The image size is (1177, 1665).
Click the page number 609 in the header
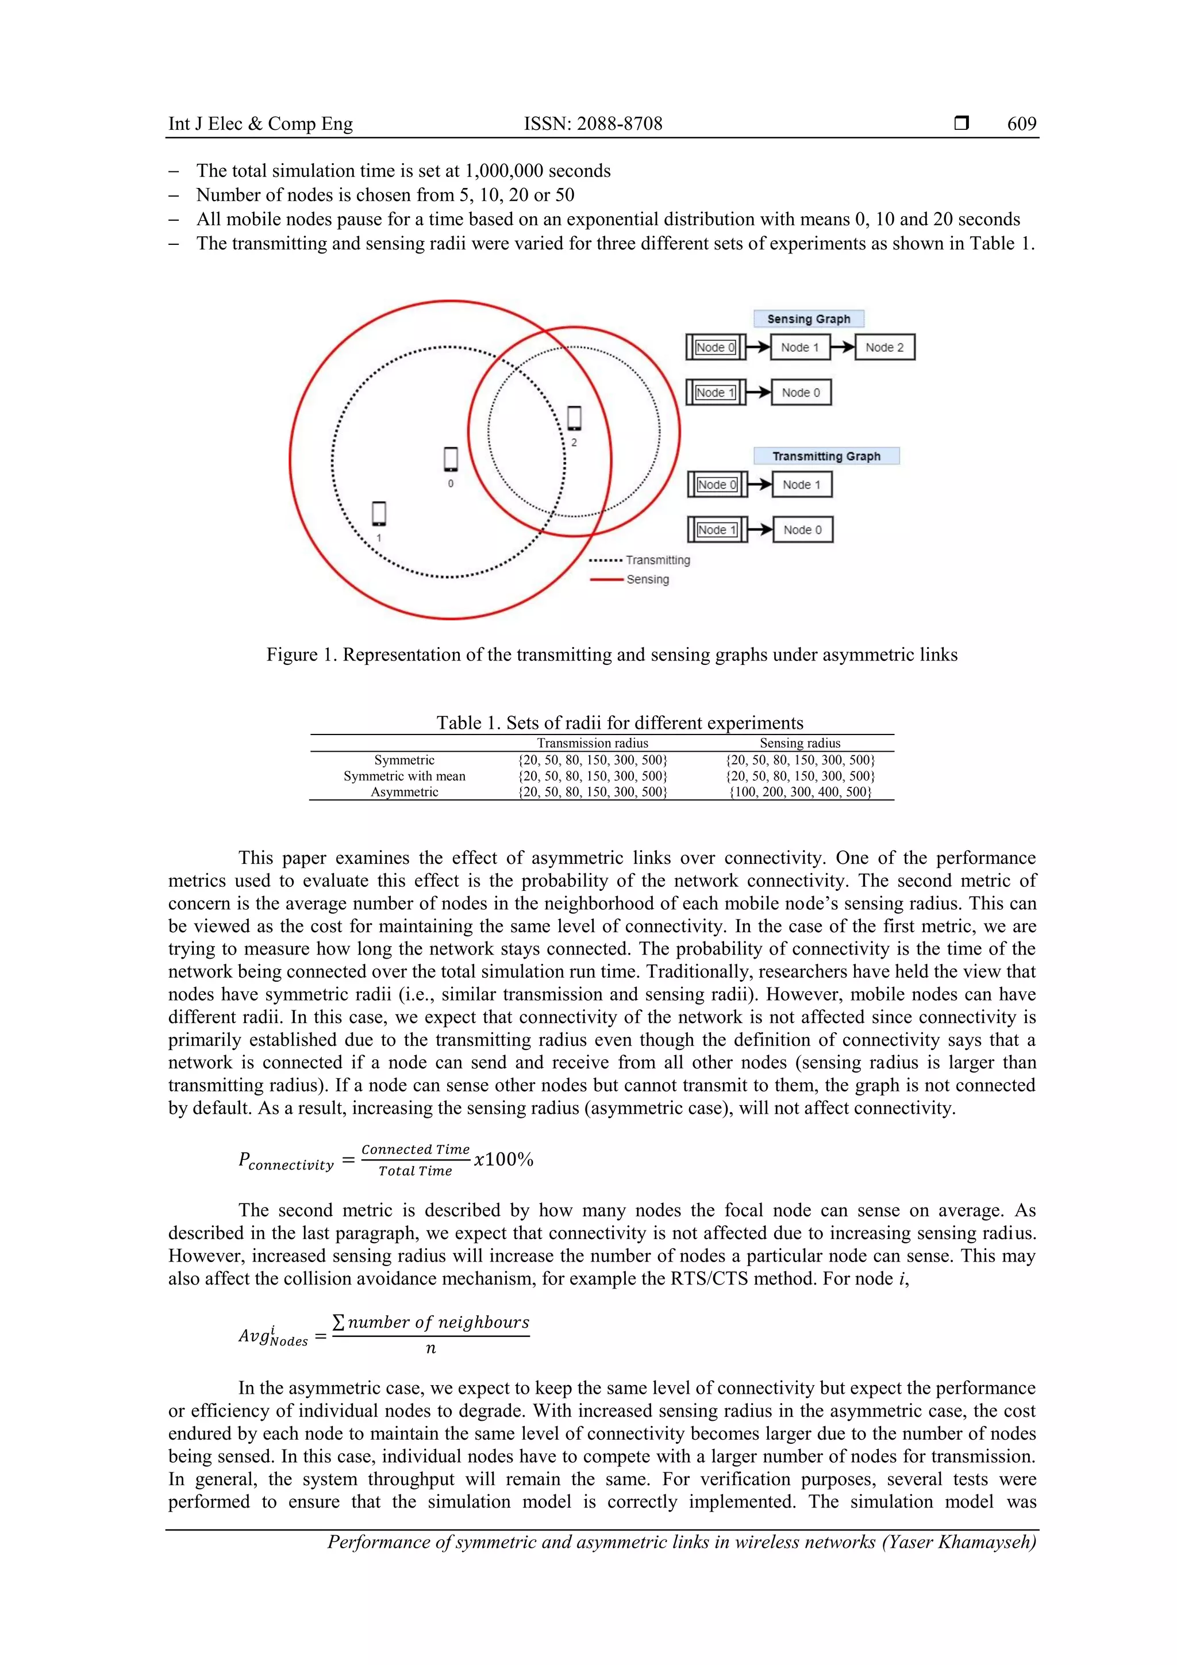pyautogui.click(x=1021, y=124)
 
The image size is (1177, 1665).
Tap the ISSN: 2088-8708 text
pyautogui.click(x=593, y=124)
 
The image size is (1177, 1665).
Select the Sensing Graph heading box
pyautogui.click(x=808, y=319)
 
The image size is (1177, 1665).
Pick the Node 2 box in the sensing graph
pyautogui.click(x=884, y=347)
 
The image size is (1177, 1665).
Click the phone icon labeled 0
pyautogui.click(x=451, y=460)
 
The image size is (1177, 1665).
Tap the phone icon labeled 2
pyautogui.click(x=574, y=418)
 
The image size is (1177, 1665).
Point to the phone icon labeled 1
pyautogui.click(x=379, y=514)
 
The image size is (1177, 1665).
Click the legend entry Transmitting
pyautogui.click(x=657, y=560)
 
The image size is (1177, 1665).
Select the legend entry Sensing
pyautogui.click(x=647, y=579)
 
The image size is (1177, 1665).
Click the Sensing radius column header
pyautogui.click(x=799, y=743)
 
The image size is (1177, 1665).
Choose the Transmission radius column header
pyautogui.click(x=592, y=743)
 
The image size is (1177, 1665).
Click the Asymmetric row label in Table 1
pyautogui.click(x=404, y=792)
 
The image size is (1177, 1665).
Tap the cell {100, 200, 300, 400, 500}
pyautogui.click(x=799, y=792)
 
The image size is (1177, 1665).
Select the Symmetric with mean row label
pyautogui.click(x=404, y=776)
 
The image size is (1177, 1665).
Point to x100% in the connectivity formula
pyautogui.click(x=503, y=1160)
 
